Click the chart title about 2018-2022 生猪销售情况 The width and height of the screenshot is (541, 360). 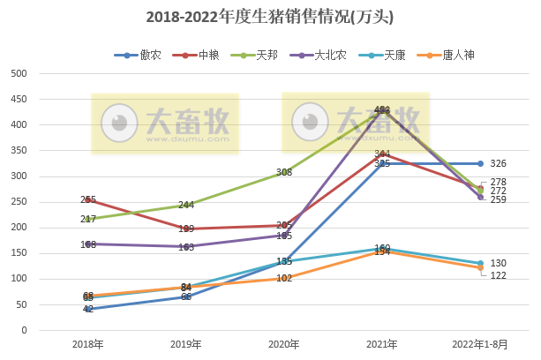[x=270, y=17]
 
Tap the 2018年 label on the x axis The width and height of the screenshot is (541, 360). [x=88, y=344]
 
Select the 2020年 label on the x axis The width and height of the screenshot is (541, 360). [x=284, y=344]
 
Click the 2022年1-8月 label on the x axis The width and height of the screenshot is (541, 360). [x=480, y=344]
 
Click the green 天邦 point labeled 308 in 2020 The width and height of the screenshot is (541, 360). [x=284, y=172]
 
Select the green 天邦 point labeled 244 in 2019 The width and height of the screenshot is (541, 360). [x=186, y=205]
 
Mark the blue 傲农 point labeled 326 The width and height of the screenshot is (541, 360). [x=480, y=163]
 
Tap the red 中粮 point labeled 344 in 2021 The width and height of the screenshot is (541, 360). [x=382, y=154]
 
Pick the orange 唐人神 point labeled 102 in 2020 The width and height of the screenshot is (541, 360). [x=284, y=278]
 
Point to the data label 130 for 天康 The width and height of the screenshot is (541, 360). [x=498, y=264]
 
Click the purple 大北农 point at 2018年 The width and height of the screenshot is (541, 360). [x=88, y=244]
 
